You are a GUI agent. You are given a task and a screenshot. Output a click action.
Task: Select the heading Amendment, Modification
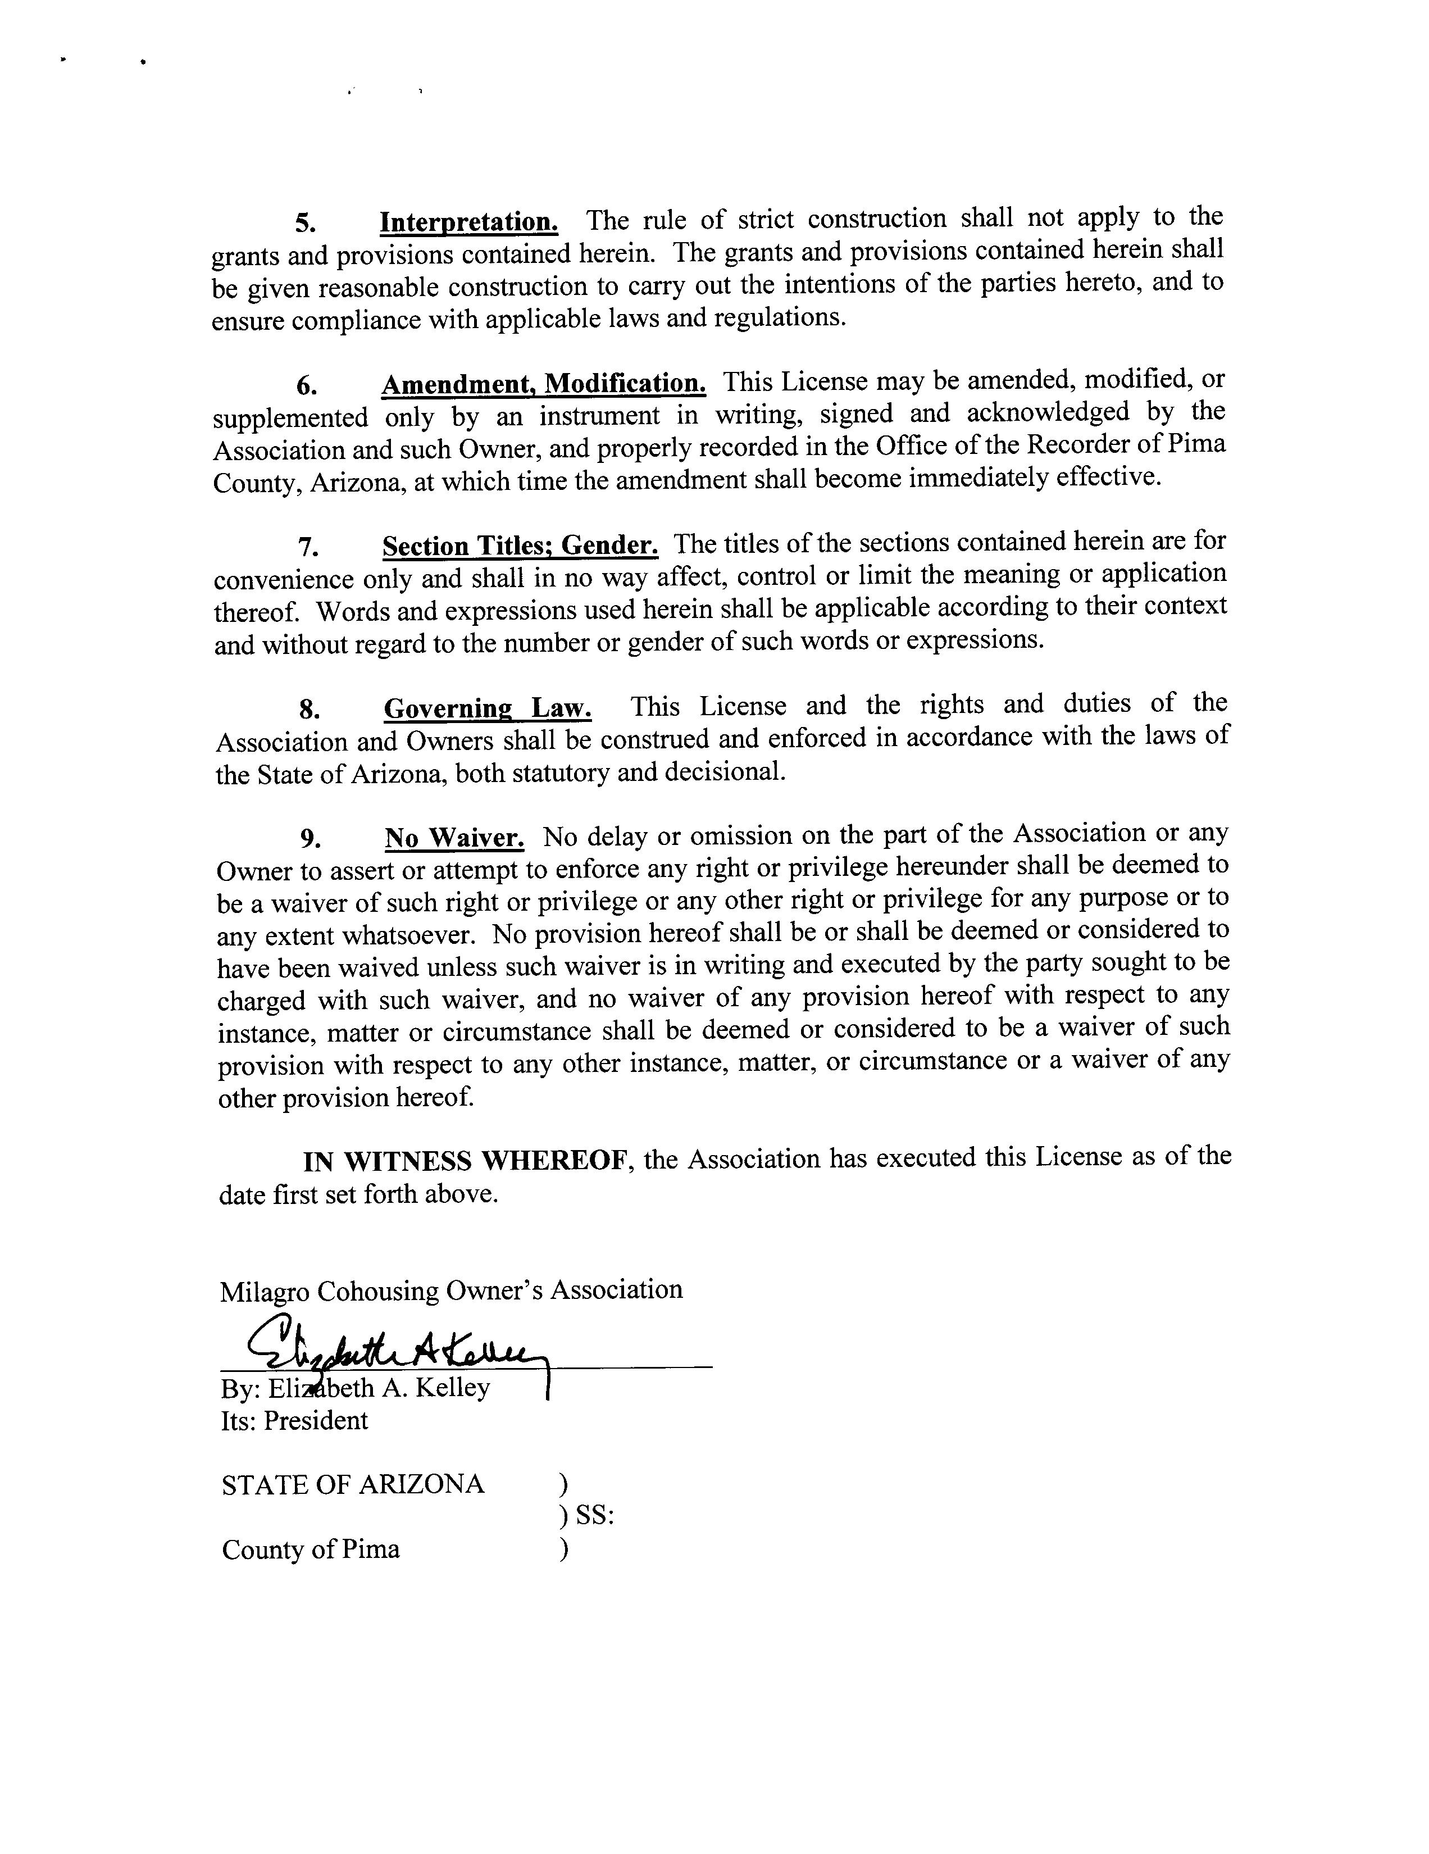point(543,384)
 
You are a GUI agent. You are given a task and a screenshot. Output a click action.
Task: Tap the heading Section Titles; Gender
point(520,545)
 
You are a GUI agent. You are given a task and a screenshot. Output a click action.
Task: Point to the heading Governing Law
point(488,708)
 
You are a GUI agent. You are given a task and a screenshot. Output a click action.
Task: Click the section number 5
point(306,223)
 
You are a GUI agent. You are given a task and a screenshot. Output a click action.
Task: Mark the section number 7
point(308,548)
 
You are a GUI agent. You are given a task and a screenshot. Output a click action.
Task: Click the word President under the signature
point(316,1421)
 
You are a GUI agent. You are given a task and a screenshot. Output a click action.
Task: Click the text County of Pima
point(311,1549)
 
